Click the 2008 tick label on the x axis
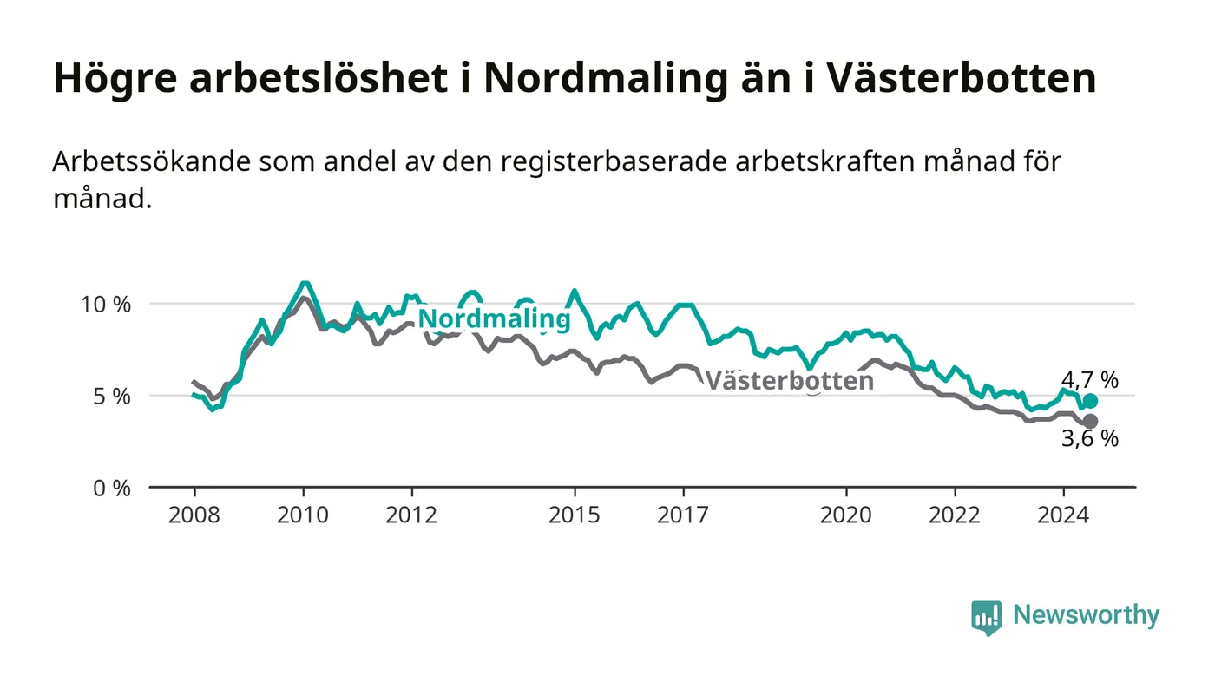click(194, 515)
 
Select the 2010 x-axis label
click(303, 515)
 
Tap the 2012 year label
click(411, 515)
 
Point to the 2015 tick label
click(575, 515)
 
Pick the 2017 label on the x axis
click(683, 515)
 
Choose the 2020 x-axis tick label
click(845, 515)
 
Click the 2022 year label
click(955, 515)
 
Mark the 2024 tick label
click(1063, 515)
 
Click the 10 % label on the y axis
click(106, 305)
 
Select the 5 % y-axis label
click(112, 397)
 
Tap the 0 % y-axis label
click(112, 489)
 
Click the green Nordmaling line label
click(494, 319)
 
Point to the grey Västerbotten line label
click(790, 380)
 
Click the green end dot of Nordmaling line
click(1090, 401)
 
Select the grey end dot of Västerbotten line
click(1090, 422)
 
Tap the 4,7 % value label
click(1090, 380)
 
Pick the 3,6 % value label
click(1090, 438)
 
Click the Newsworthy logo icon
click(986, 617)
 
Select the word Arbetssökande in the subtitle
click(152, 161)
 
